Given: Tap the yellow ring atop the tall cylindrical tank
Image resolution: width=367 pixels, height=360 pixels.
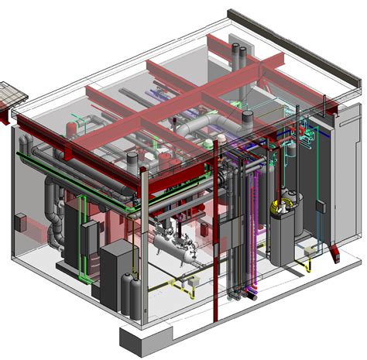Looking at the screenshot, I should [x=279, y=205].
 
